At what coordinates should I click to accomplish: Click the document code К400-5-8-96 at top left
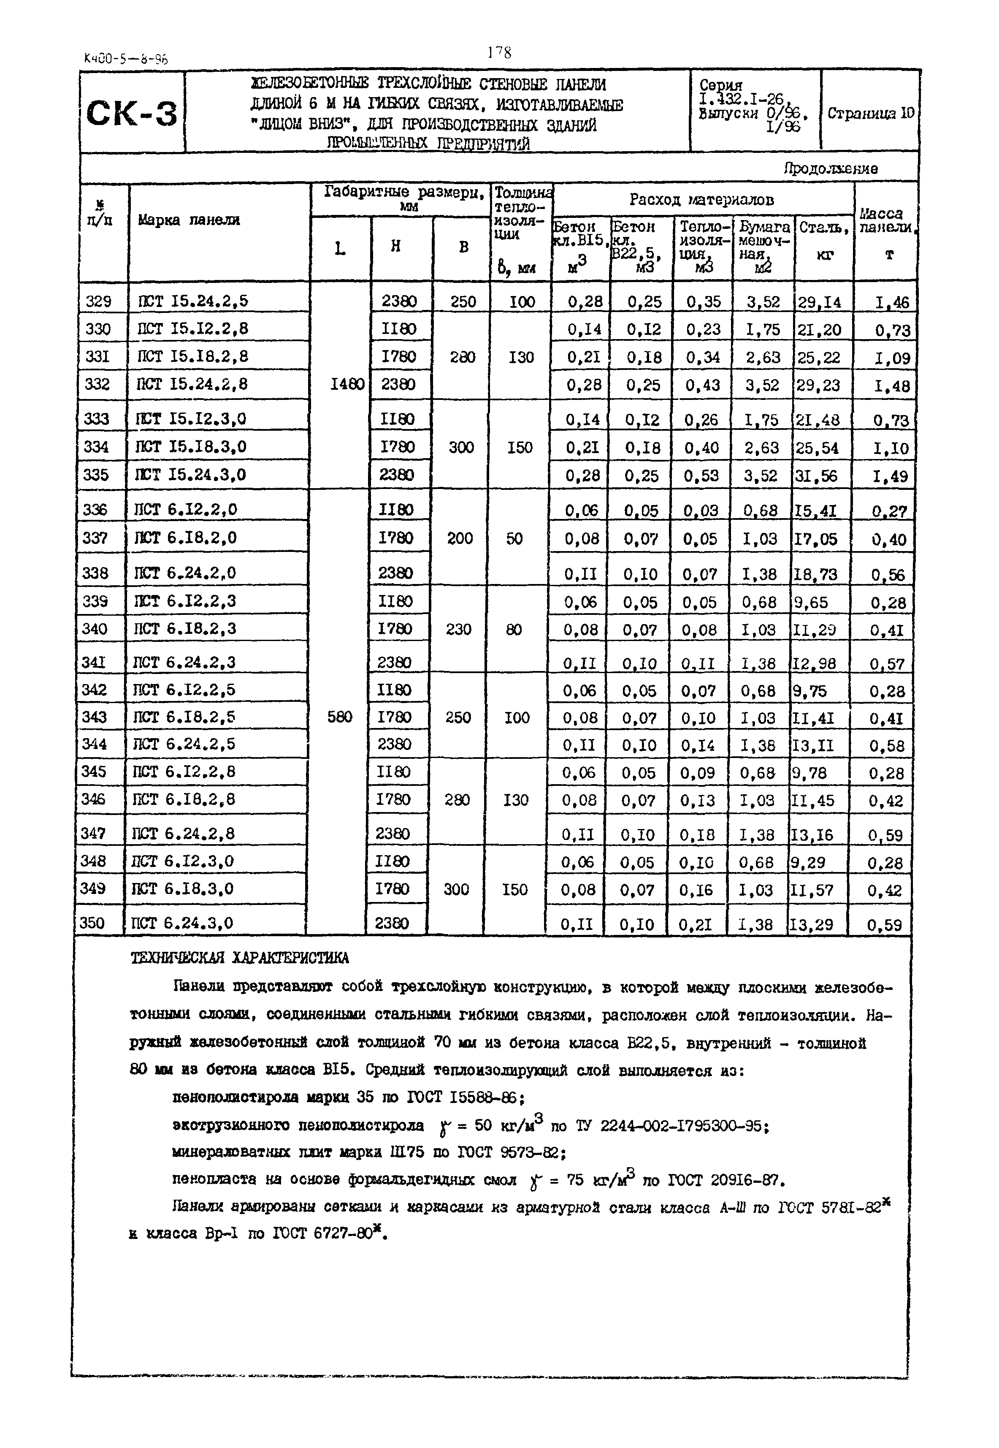click(125, 60)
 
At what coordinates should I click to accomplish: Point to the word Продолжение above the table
click(830, 168)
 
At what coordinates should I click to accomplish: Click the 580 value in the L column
click(338, 717)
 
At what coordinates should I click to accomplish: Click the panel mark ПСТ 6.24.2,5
click(184, 744)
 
